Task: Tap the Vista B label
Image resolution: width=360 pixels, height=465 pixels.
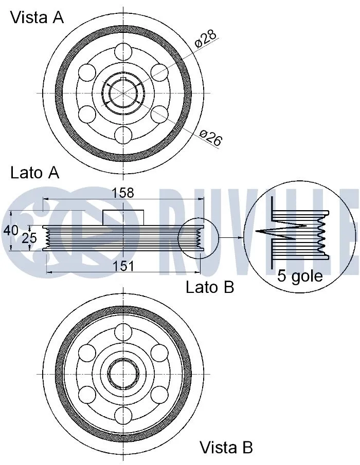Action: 226,447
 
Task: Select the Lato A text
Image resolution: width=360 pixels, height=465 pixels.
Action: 34,173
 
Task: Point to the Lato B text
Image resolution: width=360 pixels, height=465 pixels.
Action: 210,287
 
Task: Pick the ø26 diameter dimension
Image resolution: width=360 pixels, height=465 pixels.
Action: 210,138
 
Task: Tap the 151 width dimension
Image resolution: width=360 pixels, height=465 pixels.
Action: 122,266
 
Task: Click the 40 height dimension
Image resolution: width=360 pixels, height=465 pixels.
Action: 11,230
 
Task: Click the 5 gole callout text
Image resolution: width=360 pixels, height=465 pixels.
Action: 300,276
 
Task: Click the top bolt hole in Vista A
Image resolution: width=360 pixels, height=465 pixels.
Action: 123,51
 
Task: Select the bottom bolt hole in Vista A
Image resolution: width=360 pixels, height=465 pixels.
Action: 123,135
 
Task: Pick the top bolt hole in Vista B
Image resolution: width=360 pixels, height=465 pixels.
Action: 123,331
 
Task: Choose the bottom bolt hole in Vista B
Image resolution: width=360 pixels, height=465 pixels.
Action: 123,415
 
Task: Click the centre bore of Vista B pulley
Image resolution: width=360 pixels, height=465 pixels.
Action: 123,373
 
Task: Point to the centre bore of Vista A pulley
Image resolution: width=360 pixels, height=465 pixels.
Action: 123,93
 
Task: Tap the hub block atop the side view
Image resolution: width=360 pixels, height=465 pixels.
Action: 123,217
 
